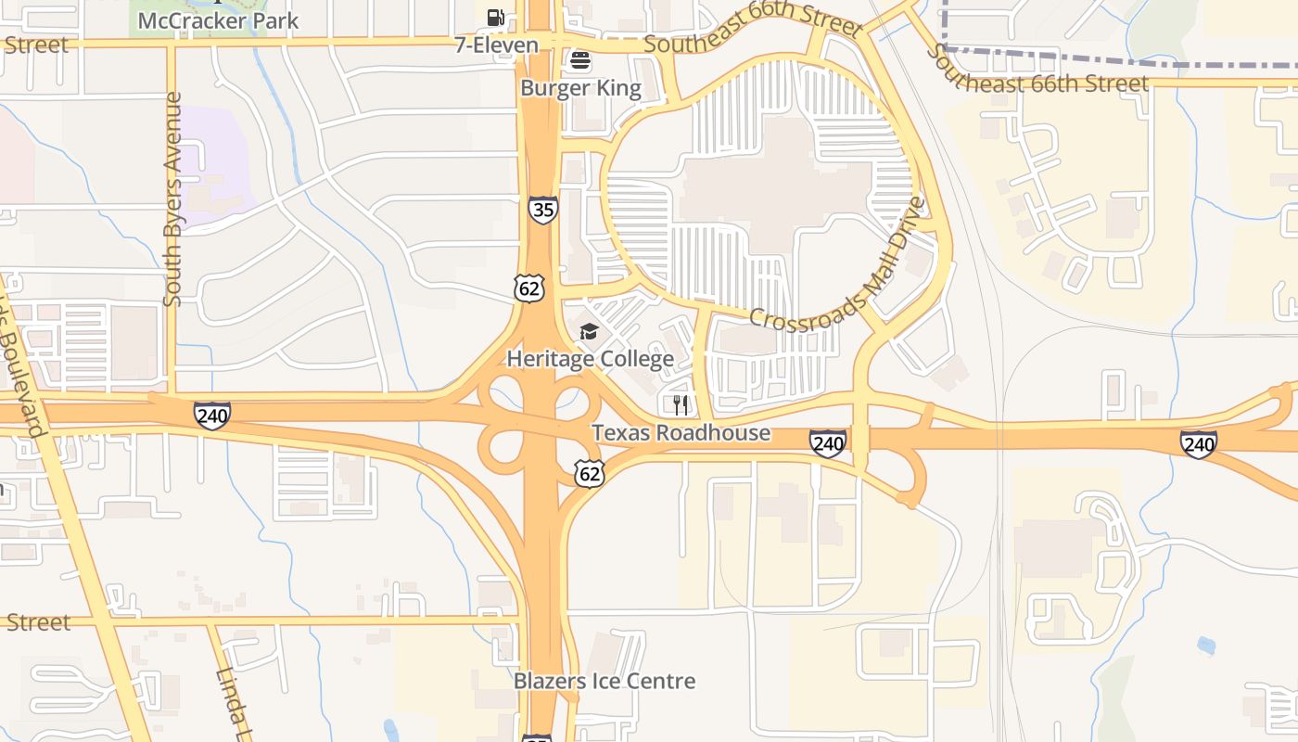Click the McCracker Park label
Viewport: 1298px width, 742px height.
[x=218, y=19]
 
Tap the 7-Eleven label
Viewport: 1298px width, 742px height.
[x=496, y=45]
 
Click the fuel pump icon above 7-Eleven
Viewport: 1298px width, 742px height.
[x=496, y=17]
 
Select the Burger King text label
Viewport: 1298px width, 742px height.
[x=580, y=89]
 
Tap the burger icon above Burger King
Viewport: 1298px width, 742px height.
[x=580, y=61]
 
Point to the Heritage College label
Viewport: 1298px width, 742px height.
[x=590, y=359]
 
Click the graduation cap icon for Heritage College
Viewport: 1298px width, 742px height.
[x=589, y=332]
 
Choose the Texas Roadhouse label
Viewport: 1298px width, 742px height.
[x=681, y=433]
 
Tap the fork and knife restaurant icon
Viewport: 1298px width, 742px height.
[x=681, y=405]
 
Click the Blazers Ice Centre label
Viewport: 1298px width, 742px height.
[x=604, y=682]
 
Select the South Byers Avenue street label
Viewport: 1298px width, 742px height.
[x=172, y=198]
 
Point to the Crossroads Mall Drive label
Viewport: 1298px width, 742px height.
[x=838, y=270]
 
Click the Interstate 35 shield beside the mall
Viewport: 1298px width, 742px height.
[x=543, y=210]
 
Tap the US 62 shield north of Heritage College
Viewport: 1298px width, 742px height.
[x=528, y=288]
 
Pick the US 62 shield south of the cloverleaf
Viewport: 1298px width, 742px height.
[x=589, y=474]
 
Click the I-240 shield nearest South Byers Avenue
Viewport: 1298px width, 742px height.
[x=212, y=416]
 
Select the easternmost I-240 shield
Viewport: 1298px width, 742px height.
[x=1199, y=444]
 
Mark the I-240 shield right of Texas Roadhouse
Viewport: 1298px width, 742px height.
[x=827, y=443]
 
